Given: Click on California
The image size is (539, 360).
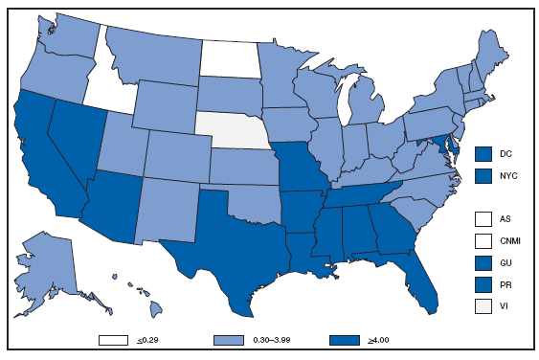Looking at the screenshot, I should (x=44, y=168).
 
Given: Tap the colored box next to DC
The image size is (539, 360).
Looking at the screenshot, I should (x=483, y=153).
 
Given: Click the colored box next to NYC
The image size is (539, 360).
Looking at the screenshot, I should (x=483, y=175).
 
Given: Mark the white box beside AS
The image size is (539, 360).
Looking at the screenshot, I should (x=483, y=218).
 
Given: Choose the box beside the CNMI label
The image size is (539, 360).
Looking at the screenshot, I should (x=483, y=239).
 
